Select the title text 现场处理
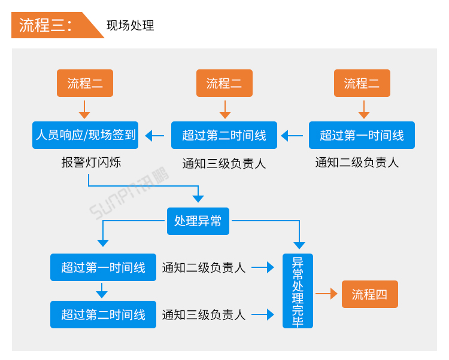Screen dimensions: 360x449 (130, 26)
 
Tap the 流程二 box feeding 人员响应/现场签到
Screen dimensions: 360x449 (85, 83)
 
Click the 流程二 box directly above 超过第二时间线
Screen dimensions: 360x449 (224, 83)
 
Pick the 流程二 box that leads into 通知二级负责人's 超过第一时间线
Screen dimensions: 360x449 (362, 83)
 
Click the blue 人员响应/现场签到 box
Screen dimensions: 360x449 (85, 135)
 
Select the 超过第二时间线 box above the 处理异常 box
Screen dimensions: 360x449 (224, 135)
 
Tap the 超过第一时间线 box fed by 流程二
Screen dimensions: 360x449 (362, 135)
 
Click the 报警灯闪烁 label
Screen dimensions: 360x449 (91, 162)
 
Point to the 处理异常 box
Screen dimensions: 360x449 (198, 221)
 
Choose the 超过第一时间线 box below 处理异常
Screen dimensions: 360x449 (103, 267)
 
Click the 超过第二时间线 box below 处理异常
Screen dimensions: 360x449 (103, 315)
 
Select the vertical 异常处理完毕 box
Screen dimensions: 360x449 (298, 291)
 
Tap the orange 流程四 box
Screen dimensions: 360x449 (369, 294)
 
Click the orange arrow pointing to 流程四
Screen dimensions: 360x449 (326, 294)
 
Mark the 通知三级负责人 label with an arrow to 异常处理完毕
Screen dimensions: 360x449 (204, 315)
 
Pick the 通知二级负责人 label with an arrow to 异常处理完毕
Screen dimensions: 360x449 (204, 267)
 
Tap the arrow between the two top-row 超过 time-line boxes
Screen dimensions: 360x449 (293, 136)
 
